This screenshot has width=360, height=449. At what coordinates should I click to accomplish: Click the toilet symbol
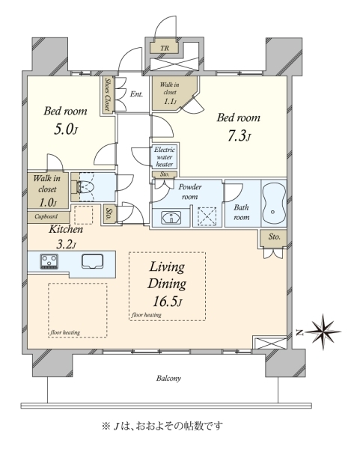(x=85, y=188)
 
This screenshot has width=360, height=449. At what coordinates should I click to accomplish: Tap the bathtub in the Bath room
(x=274, y=204)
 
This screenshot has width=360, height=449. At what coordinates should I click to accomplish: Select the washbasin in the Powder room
(x=171, y=218)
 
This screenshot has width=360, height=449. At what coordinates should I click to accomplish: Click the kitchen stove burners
(x=49, y=262)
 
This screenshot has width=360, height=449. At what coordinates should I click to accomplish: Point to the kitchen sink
(x=93, y=261)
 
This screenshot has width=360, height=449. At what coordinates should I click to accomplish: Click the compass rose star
(x=323, y=332)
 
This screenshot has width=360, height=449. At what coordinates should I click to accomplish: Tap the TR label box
(x=165, y=48)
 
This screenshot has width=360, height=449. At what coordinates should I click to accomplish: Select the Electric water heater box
(x=165, y=156)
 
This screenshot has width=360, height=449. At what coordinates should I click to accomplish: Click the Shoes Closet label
(x=108, y=94)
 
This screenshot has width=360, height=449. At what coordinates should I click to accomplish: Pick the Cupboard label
(x=46, y=216)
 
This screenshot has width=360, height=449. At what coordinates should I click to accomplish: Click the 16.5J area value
(x=168, y=302)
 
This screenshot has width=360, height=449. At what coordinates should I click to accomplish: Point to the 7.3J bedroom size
(x=240, y=136)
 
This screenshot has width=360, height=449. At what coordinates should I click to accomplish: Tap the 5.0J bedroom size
(x=66, y=129)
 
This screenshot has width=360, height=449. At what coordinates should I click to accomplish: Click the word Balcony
(x=168, y=378)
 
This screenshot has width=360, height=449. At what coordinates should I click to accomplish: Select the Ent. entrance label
(x=136, y=94)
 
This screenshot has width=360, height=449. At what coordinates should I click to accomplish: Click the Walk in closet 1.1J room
(x=173, y=93)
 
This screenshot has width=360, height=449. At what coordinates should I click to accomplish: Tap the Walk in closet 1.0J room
(x=48, y=190)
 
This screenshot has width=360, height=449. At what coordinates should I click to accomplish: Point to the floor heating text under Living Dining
(x=147, y=315)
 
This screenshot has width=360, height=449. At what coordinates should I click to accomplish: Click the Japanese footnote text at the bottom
(x=162, y=426)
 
